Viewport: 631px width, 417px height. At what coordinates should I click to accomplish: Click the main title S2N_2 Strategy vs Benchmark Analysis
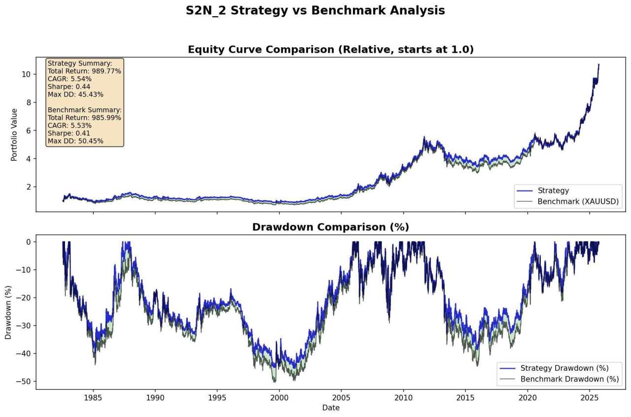coord(315,10)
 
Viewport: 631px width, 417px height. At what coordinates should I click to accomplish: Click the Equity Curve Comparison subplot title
coord(330,50)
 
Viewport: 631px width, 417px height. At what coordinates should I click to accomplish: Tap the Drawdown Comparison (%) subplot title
coord(330,227)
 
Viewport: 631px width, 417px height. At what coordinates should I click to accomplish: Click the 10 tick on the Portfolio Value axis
coord(26,74)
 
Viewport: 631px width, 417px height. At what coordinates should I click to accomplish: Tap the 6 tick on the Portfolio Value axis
coord(28,130)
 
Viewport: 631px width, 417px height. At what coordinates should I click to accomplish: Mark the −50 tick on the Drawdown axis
coord(24,382)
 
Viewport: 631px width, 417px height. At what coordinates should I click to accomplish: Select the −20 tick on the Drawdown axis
coord(24,298)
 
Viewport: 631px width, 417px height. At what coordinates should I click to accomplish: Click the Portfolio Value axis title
coord(14,134)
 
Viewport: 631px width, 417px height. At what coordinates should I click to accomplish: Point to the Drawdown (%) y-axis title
coord(8,312)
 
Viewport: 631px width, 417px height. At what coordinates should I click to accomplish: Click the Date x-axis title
coord(331,408)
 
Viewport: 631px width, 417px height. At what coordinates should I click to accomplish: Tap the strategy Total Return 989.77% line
coord(84,71)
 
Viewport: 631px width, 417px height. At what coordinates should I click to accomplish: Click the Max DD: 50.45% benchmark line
coord(75,141)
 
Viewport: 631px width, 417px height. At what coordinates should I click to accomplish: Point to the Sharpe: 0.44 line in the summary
coord(69,87)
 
